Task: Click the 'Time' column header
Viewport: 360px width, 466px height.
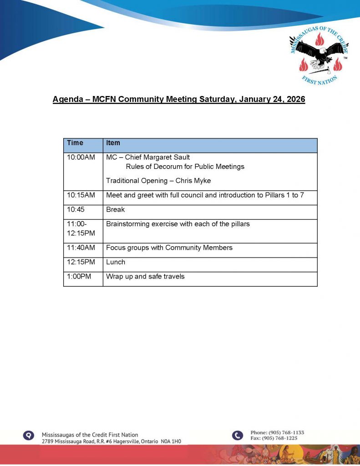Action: [x=75, y=143]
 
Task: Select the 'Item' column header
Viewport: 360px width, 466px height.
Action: [x=113, y=143]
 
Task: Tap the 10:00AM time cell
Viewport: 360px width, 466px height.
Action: [x=81, y=157]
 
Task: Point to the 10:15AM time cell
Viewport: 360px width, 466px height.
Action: [x=81, y=195]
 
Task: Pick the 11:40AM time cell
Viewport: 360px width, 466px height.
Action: [x=81, y=248]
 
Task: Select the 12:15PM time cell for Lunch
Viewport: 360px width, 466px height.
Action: [x=81, y=262]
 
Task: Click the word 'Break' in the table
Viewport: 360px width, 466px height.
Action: [x=115, y=210]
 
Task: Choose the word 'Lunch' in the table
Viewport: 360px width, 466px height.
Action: [x=116, y=262]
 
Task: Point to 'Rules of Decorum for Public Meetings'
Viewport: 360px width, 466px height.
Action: [x=185, y=167]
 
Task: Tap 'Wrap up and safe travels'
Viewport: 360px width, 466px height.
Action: [x=145, y=276]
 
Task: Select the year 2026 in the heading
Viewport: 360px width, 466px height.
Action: [x=294, y=100]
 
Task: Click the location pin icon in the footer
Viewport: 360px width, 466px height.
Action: [x=29, y=436]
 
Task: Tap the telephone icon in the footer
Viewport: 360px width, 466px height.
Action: [x=238, y=436]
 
